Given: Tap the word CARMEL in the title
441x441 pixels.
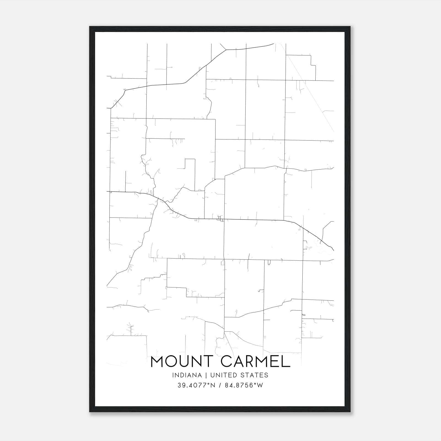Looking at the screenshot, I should pos(256,362).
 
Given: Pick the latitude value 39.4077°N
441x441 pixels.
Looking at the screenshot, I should pos(196,385).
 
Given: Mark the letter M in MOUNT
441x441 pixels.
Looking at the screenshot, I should pos(158,362).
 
